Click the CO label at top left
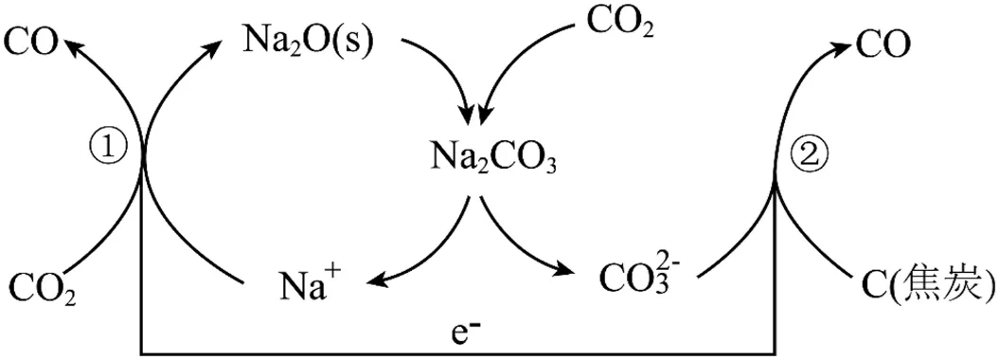click(32, 45)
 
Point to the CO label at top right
click(882, 45)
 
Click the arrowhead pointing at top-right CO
click(840, 45)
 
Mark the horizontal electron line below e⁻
click(457, 353)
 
